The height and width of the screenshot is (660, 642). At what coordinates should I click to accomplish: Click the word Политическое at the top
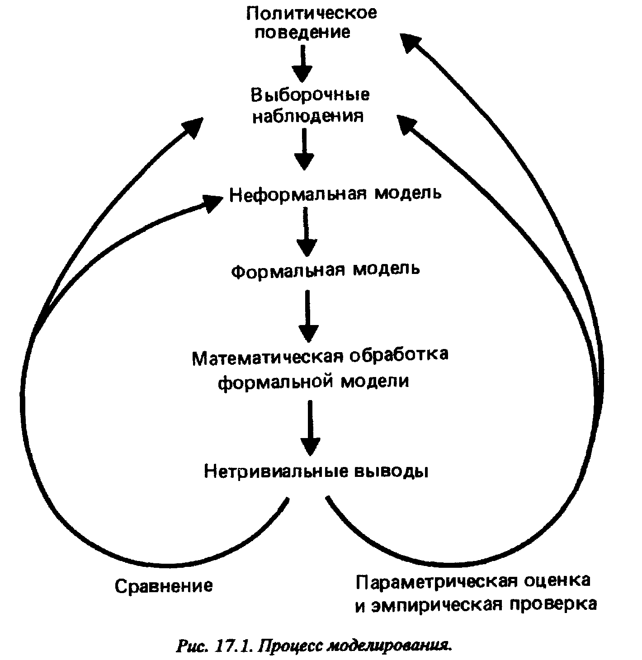[x=311, y=12]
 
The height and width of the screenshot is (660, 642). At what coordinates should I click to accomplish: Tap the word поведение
[x=302, y=32]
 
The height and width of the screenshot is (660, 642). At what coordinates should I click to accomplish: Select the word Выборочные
[x=310, y=94]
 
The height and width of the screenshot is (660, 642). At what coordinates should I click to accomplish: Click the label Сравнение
[x=163, y=586]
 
